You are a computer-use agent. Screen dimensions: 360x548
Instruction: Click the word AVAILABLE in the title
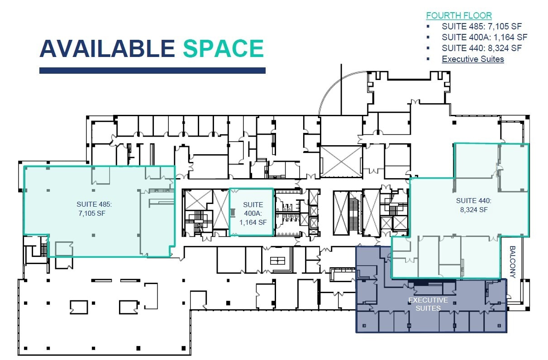[x=107, y=48]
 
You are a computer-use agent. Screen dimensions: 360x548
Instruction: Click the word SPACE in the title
[x=223, y=48]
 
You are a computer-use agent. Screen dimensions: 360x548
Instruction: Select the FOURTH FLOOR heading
[x=459, y=16]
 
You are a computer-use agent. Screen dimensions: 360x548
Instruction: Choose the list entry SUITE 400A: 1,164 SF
[x=485, y=37]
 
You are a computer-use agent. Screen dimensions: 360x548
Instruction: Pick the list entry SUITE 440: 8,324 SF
[x=482, y=48]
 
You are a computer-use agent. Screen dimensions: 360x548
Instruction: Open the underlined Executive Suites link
[x=473, y=59]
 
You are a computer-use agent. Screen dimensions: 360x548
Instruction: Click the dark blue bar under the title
[x=152, y=71]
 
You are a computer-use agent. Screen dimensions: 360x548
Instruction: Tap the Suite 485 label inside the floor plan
[x=94, y=204]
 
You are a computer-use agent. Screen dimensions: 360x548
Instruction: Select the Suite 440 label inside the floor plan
[x=473, y=200]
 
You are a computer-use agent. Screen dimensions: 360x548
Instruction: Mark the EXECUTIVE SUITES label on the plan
[x=428, y=304]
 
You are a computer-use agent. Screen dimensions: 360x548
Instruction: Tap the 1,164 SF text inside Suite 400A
[x=253, y=222]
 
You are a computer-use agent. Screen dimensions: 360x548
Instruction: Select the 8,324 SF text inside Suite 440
[x=474, y=209]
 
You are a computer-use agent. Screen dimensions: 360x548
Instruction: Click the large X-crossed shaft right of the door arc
[x=341, y=161]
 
